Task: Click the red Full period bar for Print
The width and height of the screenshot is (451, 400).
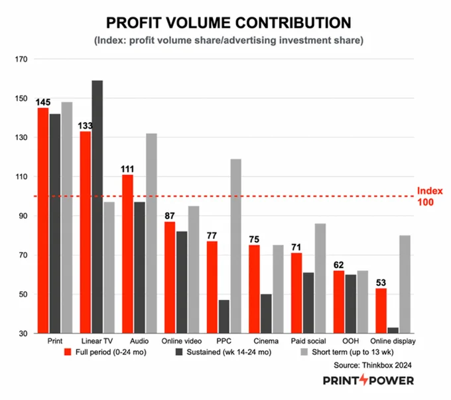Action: click(x=43, y=221)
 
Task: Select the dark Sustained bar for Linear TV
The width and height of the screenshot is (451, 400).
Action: click(x=97, y=207)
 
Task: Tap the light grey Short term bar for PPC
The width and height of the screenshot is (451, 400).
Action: click(x=236, y=246)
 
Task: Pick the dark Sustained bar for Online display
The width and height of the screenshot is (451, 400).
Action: click(x=393, y=330)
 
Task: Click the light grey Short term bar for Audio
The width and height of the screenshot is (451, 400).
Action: click(x=152, y=233)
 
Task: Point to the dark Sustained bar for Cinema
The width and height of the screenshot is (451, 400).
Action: click(x=266, y=314)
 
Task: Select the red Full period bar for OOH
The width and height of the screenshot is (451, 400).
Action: click(x=339, y=302)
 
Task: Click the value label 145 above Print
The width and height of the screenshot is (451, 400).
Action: click(x=43, y=102)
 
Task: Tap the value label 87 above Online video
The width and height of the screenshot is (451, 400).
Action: click(x=170, y=216)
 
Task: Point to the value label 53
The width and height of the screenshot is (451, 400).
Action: click(x=381, y=283)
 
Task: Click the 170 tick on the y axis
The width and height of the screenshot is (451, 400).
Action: click(x=21, y=59)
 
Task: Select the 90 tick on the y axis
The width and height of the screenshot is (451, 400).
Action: click(x=23, y=216)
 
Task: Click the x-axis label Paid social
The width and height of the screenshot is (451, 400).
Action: click(x=308, y=341)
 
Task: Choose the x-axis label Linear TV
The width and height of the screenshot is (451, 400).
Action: click(x=97, y=341)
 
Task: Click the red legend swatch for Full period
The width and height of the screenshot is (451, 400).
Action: click(x=68, y=352)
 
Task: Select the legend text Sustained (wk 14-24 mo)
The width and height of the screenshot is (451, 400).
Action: click(x=229, y=352)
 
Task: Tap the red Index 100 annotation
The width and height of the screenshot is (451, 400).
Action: click(x=430, y=196)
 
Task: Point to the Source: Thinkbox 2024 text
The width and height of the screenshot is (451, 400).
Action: click(x=373, y=366)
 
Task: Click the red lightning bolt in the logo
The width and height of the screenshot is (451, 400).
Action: click(x=364, y=379)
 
